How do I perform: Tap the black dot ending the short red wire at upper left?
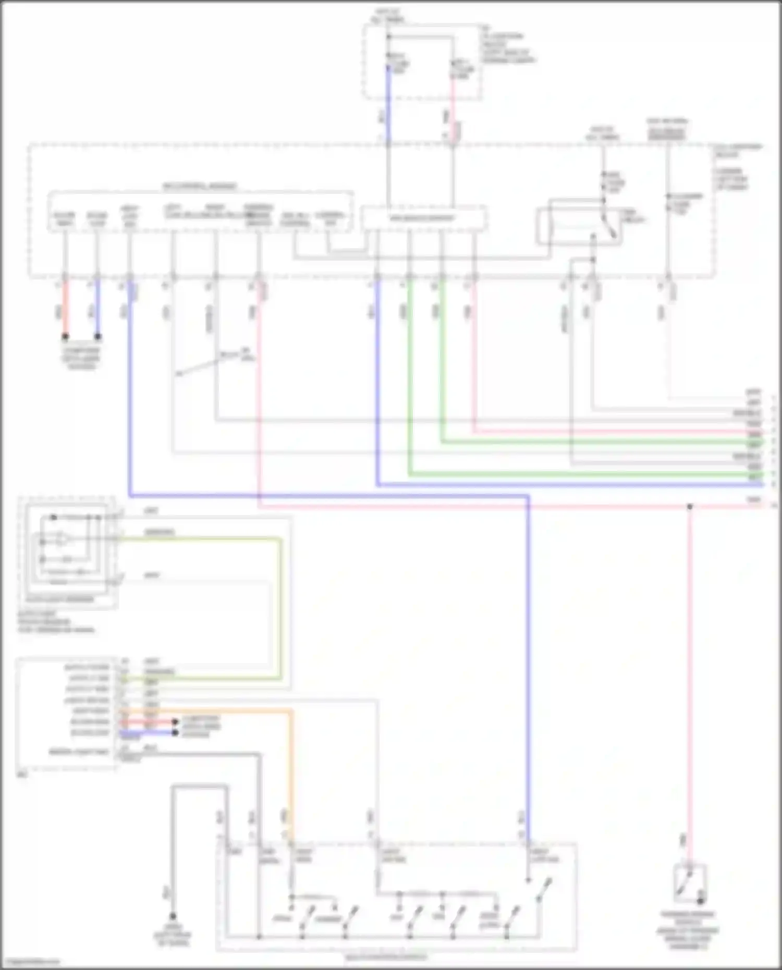[x=65, y=337]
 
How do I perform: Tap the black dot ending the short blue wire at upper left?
[x=97, y=337]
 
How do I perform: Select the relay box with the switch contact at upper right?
[x=579, y=226]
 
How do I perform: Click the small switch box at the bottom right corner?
[x=689, y=883]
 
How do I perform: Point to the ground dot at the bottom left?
[x=173, y=916]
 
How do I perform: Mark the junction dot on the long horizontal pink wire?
[x=689, y=506]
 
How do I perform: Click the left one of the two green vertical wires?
[x=410, y=375]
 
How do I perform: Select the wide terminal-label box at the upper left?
[x=201, y=211]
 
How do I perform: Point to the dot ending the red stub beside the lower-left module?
[x=176, y=722]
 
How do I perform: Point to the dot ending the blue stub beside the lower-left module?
[x=176, y=733]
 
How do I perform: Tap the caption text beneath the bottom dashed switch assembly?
[x=386, y=957]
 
